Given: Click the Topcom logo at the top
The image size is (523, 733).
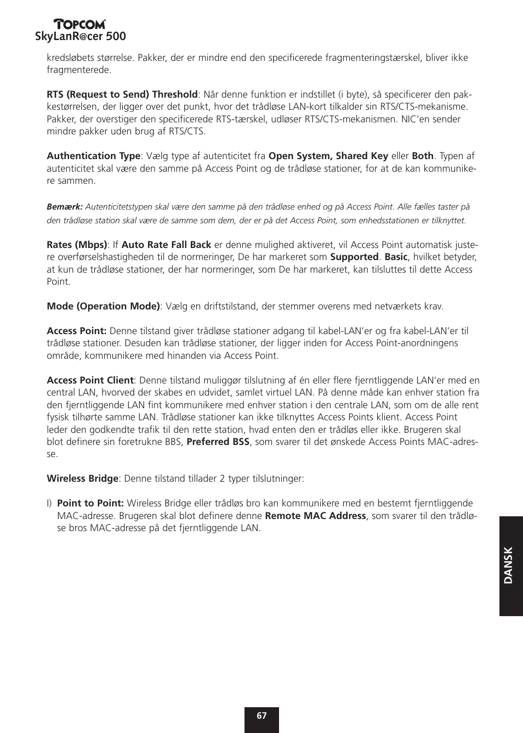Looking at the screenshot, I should tap(79, 24).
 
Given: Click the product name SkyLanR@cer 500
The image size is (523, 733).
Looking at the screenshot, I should tap(81, 37).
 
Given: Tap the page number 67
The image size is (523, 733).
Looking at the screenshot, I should tap(261, 715).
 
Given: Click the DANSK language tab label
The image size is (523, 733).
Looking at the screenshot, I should tap(509, 565).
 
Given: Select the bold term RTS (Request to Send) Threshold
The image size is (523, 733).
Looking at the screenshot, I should tap(122, 94).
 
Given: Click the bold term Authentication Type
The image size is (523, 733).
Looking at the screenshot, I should tap(94, 156).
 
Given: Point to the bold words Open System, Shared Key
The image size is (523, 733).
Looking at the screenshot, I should tap(328, 156).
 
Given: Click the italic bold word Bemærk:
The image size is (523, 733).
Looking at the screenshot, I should tap(65, 207).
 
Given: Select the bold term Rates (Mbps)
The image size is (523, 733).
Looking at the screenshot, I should tap(77, 245).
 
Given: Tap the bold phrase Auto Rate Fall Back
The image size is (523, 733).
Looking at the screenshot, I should tap(166, 245).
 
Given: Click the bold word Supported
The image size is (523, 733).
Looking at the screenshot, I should tap(354, 257).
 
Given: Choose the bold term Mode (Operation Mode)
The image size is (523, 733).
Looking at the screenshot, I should tap(103, 306).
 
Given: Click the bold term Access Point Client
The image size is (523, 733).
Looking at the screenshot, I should tap(90, 380).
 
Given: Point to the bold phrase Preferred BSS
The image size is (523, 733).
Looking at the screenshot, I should tap(218, 442).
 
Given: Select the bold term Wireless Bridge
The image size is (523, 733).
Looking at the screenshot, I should tap(82, 478).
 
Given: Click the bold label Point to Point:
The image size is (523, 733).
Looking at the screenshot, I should tap(90, 503).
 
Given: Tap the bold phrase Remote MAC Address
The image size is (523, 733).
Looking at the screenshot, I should tap(315, 516).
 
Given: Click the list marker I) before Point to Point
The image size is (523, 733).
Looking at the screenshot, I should tap(49, 503).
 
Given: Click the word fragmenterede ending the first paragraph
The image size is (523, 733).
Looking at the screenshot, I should tap(78, 70).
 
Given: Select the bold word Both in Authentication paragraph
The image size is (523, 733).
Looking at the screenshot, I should tap(422, 156).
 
